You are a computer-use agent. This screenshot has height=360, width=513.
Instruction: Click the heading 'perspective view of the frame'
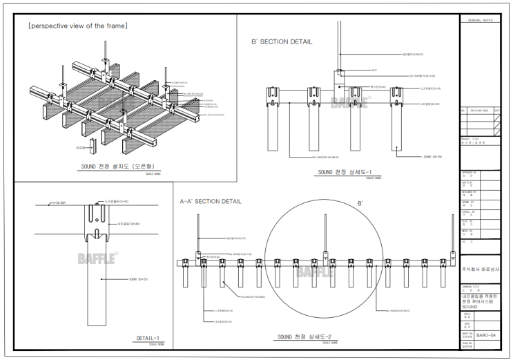tap(77, 26)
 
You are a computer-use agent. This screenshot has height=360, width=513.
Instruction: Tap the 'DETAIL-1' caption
tap(148, 338)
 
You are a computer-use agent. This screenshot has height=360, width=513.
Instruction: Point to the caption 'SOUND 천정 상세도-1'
tap(344, 172)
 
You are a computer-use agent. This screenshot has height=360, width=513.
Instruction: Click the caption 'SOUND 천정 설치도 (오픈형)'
tap(122, 167)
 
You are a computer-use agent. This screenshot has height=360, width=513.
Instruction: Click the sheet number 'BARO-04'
tap(487, 333)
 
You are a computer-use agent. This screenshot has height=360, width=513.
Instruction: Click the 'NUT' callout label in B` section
tap(374, 70)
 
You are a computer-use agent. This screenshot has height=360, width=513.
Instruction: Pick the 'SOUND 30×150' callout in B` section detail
tap(433, 157)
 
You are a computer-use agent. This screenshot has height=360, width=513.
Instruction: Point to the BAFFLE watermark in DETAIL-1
tap(97, 257)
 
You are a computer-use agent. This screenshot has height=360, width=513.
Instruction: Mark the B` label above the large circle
tap(359, 204)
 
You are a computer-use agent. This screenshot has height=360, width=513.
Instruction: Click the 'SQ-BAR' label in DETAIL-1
tap(42, 203)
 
